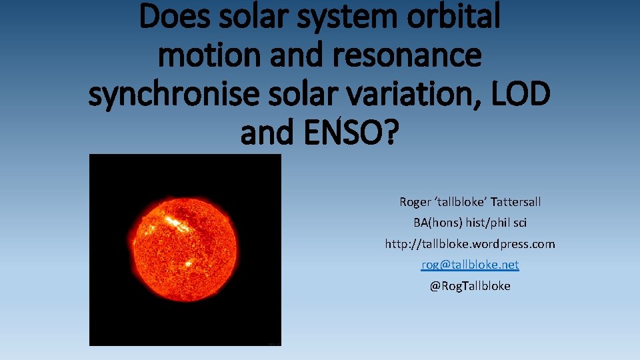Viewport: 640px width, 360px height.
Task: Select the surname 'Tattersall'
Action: (x=516, y=201)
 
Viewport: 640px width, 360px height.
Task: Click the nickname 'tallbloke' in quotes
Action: (x=462, y=201)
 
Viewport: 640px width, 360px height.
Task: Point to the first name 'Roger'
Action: (x=415, y=201)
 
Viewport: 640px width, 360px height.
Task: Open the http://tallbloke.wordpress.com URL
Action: (x=469, y=244)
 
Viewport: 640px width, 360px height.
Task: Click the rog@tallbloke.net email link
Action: (x=469, y=265)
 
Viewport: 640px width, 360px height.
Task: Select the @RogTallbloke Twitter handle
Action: (x=469, y=286)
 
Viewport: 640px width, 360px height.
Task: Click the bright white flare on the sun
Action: (x=175, y=223)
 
